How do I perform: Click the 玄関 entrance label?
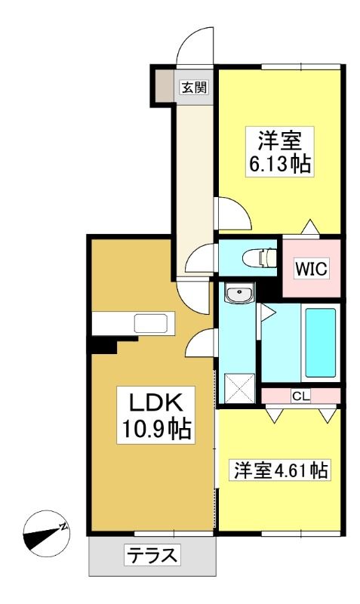[x=195, y=88]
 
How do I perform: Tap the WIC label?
[x=311, y=269]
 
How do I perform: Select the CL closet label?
[x=300, y=396]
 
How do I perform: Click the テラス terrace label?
[x=152, y=556]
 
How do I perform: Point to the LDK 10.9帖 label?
[x=156, y=415]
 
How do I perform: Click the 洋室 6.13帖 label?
[x=279, y=152]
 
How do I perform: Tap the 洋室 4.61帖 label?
[x=281, y=470]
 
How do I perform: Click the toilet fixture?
[x=260, y=257]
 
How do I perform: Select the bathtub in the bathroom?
[x=320, y=343]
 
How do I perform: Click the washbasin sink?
[x=239, y=294]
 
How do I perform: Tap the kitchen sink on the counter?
[x=150, y=323]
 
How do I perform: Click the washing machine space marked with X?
[x=239, y=388]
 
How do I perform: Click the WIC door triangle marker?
[x=310, y=227]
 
